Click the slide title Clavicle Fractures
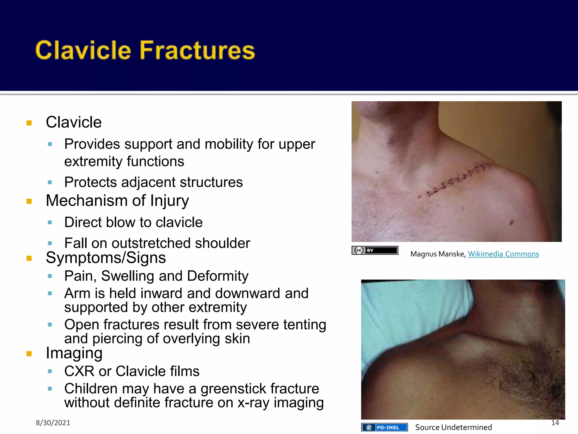pyautogui.click(x=145, y=50)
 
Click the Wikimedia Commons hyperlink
pyautogui.click(x=503, y=254)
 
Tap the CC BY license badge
pyautogui.click(x=375, y=250)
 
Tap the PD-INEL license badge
pyautogui.click(x=384, y=427)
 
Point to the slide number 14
pyautogui.click(x=555, y=423)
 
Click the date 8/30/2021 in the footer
pyautogui.click(x=53, y=423)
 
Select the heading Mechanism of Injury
pyautogui.click(x=117, y=201)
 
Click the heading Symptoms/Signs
pyautogui.click(x=106, y=258)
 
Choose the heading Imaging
pyautogui.click(x=74, y=353)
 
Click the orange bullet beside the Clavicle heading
pyautogui.click(x=29, y=123)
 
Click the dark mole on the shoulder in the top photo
pyautogui.click(x=511, y=222)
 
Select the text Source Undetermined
pyautogui.click(x=453, y=427)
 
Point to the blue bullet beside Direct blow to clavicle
pyautogui.click(x=50, y=222)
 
